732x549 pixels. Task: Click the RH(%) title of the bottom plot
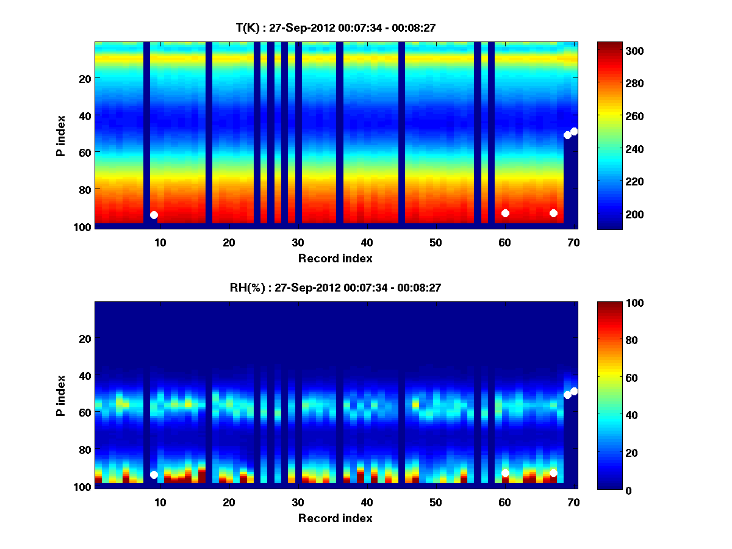tap(335, 288)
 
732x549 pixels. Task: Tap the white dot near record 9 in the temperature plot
tap(154, 215)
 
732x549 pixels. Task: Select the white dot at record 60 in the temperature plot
tap(505, 213)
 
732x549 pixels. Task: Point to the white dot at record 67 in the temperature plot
tap(553, 213)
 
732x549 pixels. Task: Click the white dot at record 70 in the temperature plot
tap(574, 131)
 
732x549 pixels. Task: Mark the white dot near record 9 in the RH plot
tap(154, 475)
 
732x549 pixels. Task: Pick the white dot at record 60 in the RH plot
tap(505, 473)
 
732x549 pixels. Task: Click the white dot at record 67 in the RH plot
tap(553, 473)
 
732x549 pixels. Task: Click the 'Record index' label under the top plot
tap(335, 258)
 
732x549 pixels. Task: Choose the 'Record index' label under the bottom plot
tap(335, 518)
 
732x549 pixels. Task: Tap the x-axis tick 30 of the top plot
tap(298, 242)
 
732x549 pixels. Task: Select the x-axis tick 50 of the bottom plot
tap(436, 502)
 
